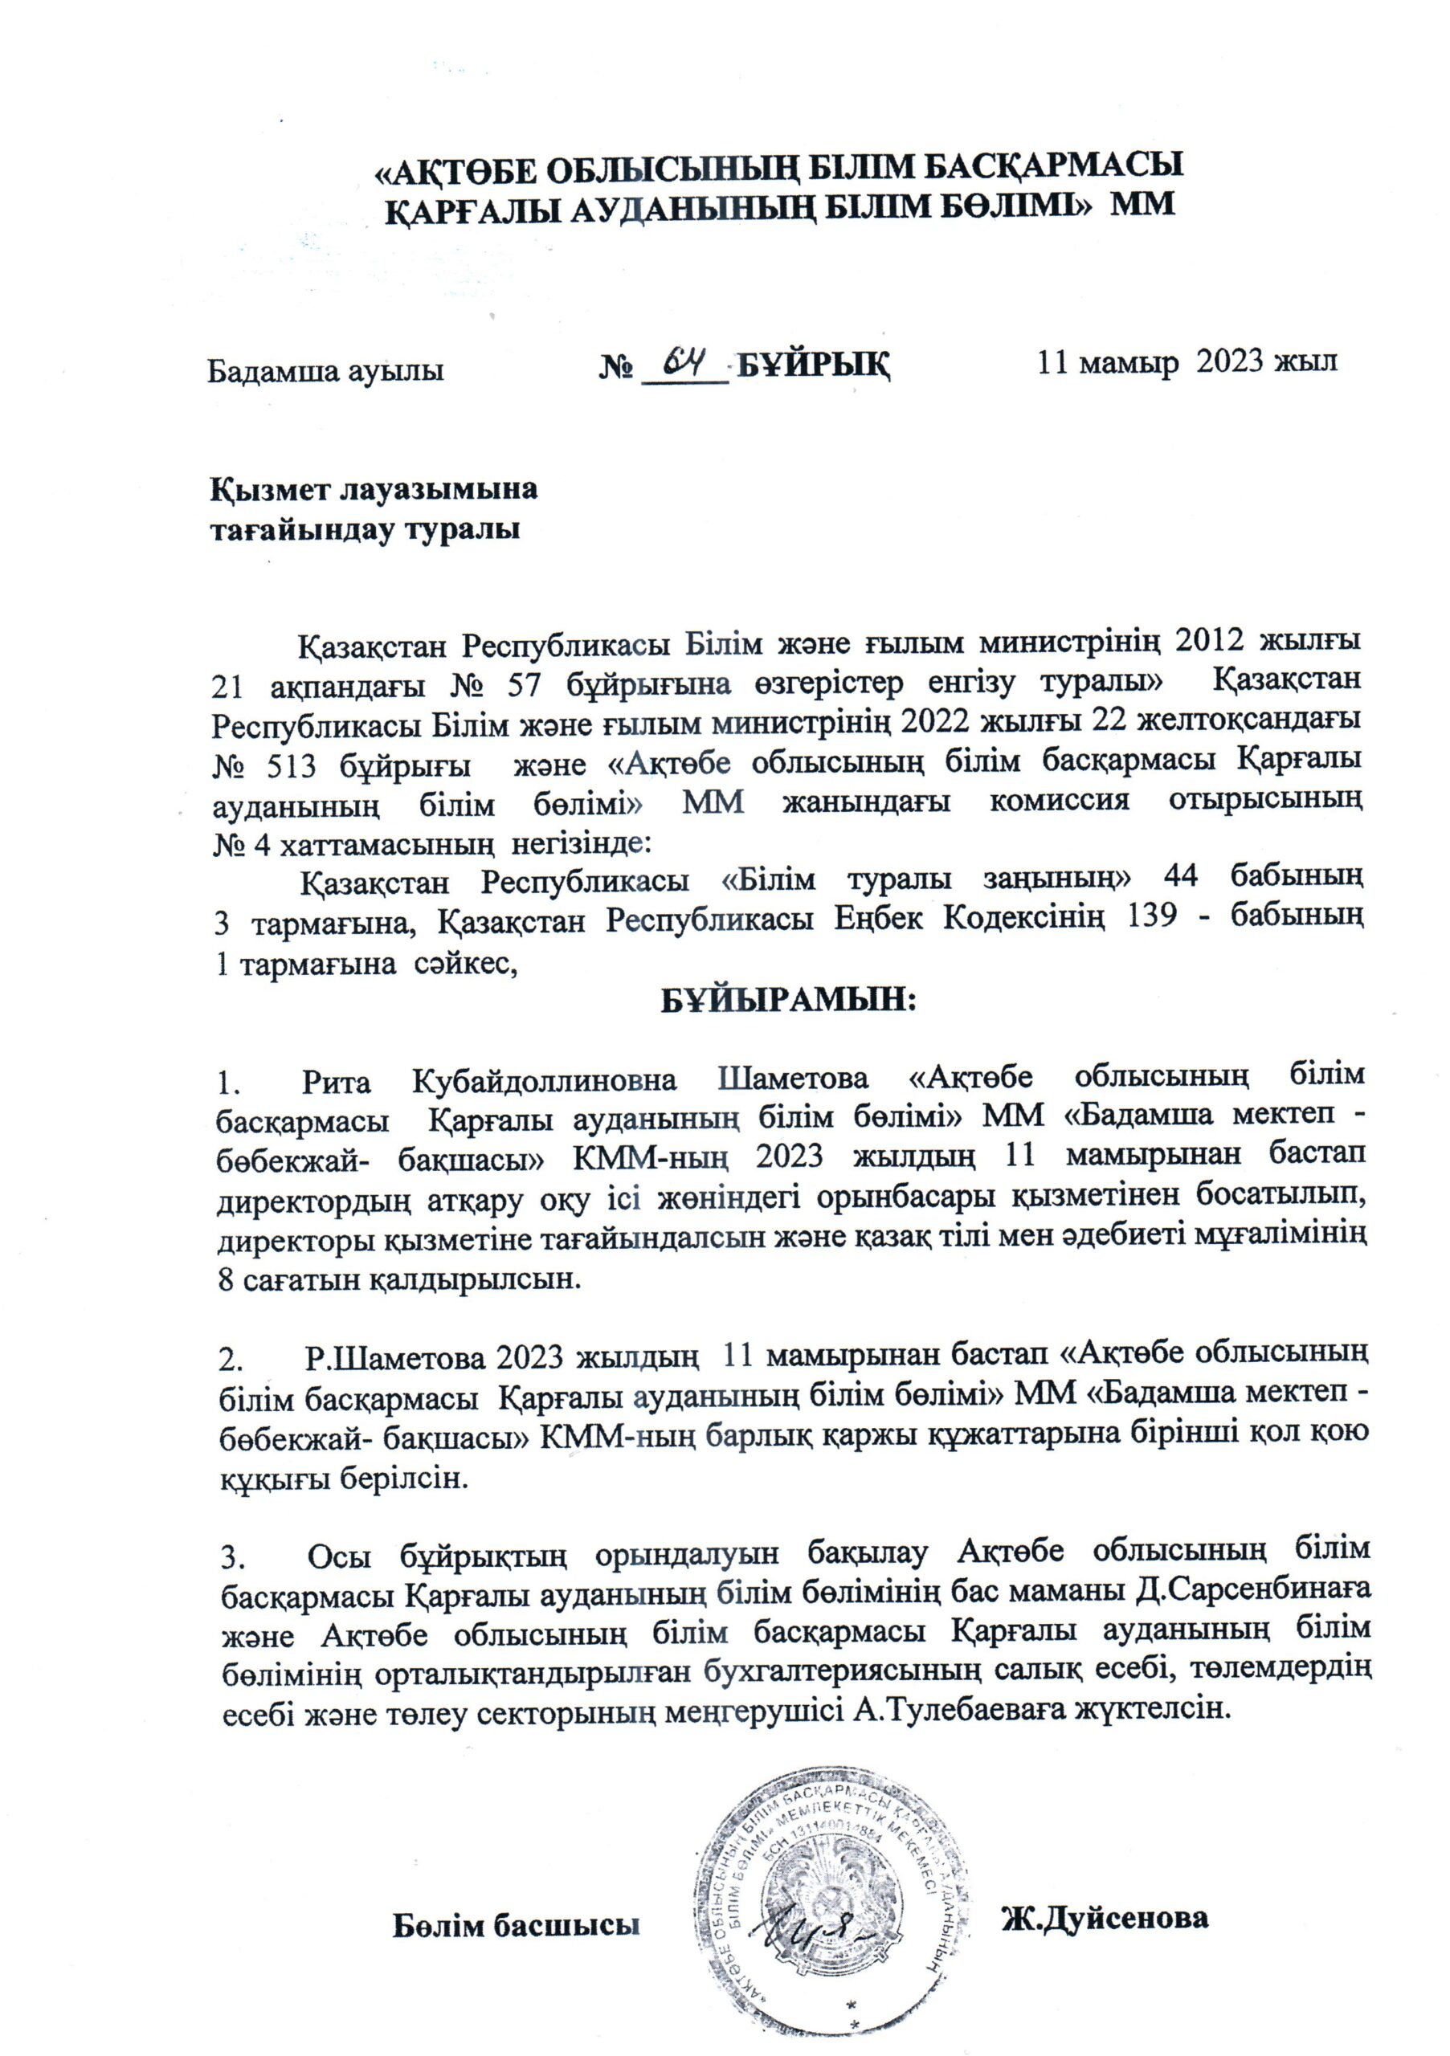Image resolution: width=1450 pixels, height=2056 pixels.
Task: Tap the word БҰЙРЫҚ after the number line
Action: tap(814, 365)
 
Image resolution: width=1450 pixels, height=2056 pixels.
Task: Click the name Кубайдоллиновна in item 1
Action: tap(545, 1081)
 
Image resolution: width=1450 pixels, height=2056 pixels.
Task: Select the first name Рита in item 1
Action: tap(337, 1082)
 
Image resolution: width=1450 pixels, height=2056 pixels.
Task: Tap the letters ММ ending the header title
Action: tap(1142, 203)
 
